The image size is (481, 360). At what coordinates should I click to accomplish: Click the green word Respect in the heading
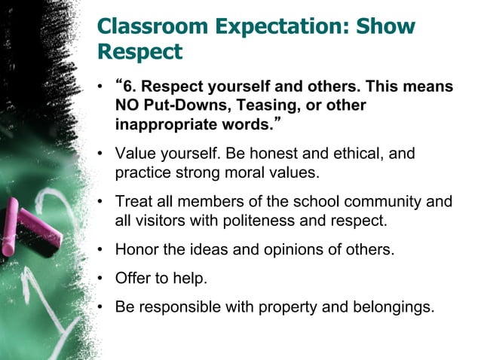(140, 52)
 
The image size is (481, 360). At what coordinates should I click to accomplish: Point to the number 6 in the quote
(126, 87)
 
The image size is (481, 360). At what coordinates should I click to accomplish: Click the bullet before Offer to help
(100, 279)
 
